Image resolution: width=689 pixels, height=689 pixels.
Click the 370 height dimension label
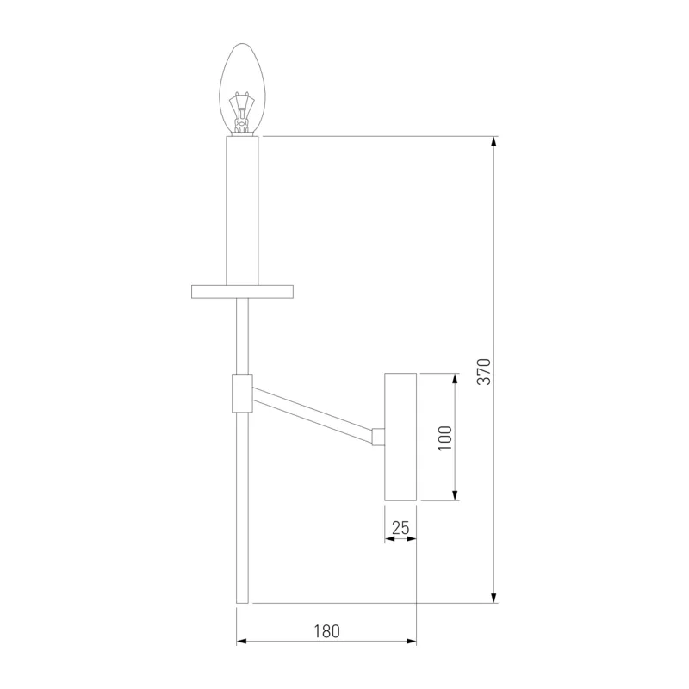[x=483, y=372]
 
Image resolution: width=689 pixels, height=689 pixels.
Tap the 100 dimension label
[x=445, y=438]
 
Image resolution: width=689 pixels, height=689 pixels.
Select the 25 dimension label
[x=400, y=528]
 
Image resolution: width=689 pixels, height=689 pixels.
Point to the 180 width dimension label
[x=326, y=631]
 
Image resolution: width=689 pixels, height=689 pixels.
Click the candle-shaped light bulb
[x=242, y=90]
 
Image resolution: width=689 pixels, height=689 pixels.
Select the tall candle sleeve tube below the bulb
[x=242, y=211]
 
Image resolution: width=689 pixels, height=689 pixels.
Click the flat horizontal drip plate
[x=242, y=292]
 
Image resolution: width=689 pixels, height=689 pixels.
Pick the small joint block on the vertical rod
[x=242, y=394]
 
